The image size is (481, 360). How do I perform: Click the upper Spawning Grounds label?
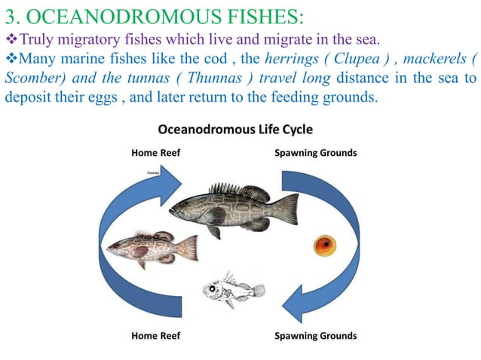click(x=316, y=154)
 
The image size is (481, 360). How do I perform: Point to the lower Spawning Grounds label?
click(x=316, y=335)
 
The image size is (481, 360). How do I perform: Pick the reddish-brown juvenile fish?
click(x=151, y=247)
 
